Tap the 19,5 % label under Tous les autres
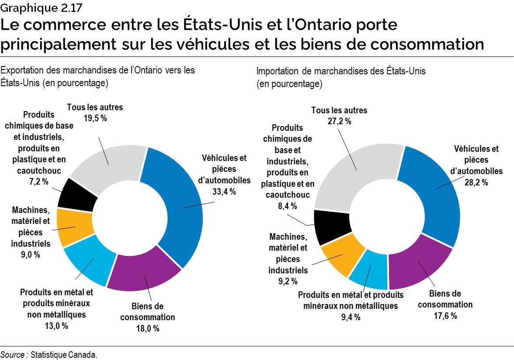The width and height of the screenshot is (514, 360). tap(95, 118)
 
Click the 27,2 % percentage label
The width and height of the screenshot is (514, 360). tap(339, 121)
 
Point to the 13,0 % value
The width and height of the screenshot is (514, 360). tap(57, 325)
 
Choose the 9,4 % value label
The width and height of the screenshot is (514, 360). tap(351, 317)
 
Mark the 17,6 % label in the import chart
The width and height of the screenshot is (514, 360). tap(445, 315)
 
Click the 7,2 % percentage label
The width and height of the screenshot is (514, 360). tap(36, 181)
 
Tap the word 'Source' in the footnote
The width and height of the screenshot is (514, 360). tap(13, 355)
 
